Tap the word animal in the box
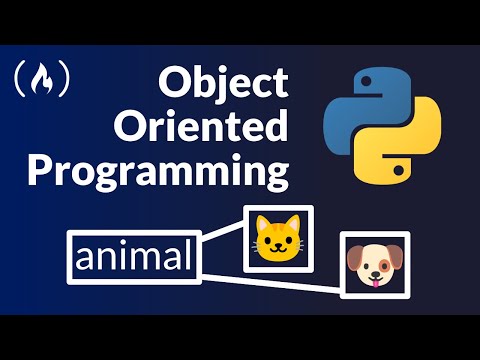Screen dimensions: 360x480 (x=132, y=257)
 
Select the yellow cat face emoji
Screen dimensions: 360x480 (x=278, y=238)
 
